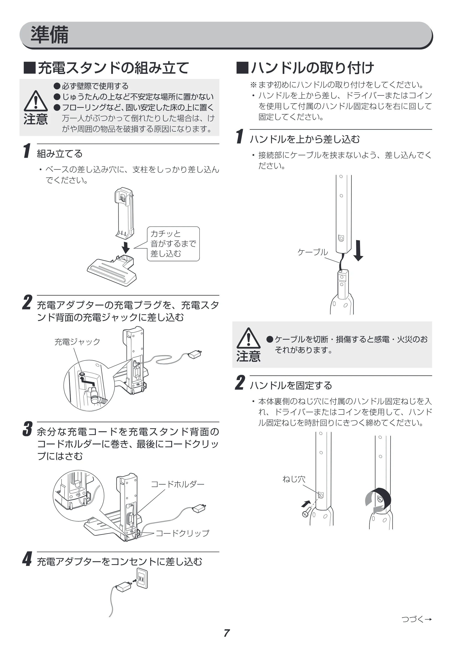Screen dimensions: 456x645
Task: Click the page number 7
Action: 227,633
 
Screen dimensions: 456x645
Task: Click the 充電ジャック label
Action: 77,342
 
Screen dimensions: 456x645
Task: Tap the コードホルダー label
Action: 178,484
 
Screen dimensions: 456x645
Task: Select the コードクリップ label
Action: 182,533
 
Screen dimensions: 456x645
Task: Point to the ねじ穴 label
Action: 294,479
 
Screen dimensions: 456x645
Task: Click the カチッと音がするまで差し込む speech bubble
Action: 173,243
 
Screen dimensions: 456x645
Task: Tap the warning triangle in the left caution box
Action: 36,101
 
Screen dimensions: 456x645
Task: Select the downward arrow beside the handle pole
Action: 358,250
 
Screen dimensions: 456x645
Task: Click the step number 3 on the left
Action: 28,429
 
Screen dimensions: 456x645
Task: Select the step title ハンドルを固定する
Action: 291,385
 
